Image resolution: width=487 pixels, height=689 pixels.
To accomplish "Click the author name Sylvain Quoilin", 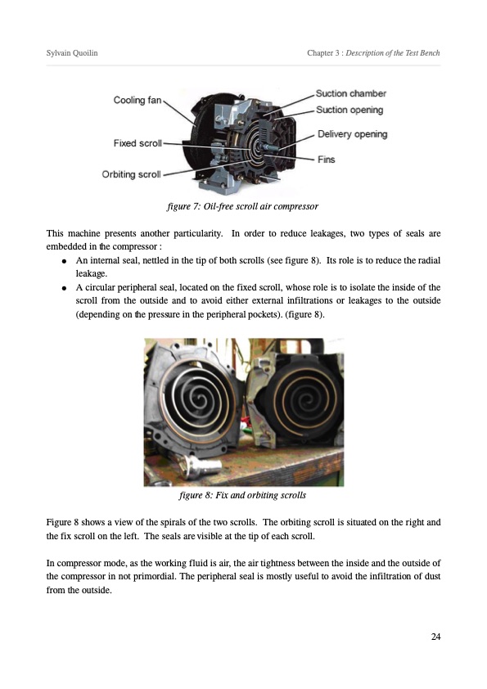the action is click(x=72, y=52).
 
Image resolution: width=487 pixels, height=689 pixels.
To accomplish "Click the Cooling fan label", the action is click(x=138, y=100).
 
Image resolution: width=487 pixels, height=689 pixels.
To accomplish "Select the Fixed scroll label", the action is click(x=138, y=143).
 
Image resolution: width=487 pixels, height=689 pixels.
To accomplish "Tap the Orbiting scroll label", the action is click(x=132, y=174).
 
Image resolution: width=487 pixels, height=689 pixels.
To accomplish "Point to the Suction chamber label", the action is click(x=351, y=93).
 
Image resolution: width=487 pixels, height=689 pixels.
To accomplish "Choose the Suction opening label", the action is click(x=349, y=110).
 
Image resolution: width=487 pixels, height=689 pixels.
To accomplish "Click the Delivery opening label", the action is click(x=353, y=134).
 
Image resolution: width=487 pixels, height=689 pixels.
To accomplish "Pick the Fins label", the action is click(x=326, y=160).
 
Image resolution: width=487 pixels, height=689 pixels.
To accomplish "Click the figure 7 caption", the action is click(x=242, y=206).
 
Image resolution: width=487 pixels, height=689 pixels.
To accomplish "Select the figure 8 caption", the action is click(x=242, y=495).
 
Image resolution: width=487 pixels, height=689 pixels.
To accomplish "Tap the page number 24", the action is click(x=435, y=637).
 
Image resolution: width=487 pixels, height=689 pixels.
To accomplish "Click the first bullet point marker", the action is click(x=64, y=261).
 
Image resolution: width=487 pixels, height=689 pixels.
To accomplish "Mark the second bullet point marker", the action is click(x=64, y=288).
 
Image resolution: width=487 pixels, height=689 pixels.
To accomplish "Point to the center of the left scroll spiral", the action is click(x=201, y=401).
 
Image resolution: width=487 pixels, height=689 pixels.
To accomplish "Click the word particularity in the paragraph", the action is click(x=198, y=233).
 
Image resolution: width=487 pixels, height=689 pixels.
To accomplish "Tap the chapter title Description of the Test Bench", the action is click(x=393, y=52).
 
